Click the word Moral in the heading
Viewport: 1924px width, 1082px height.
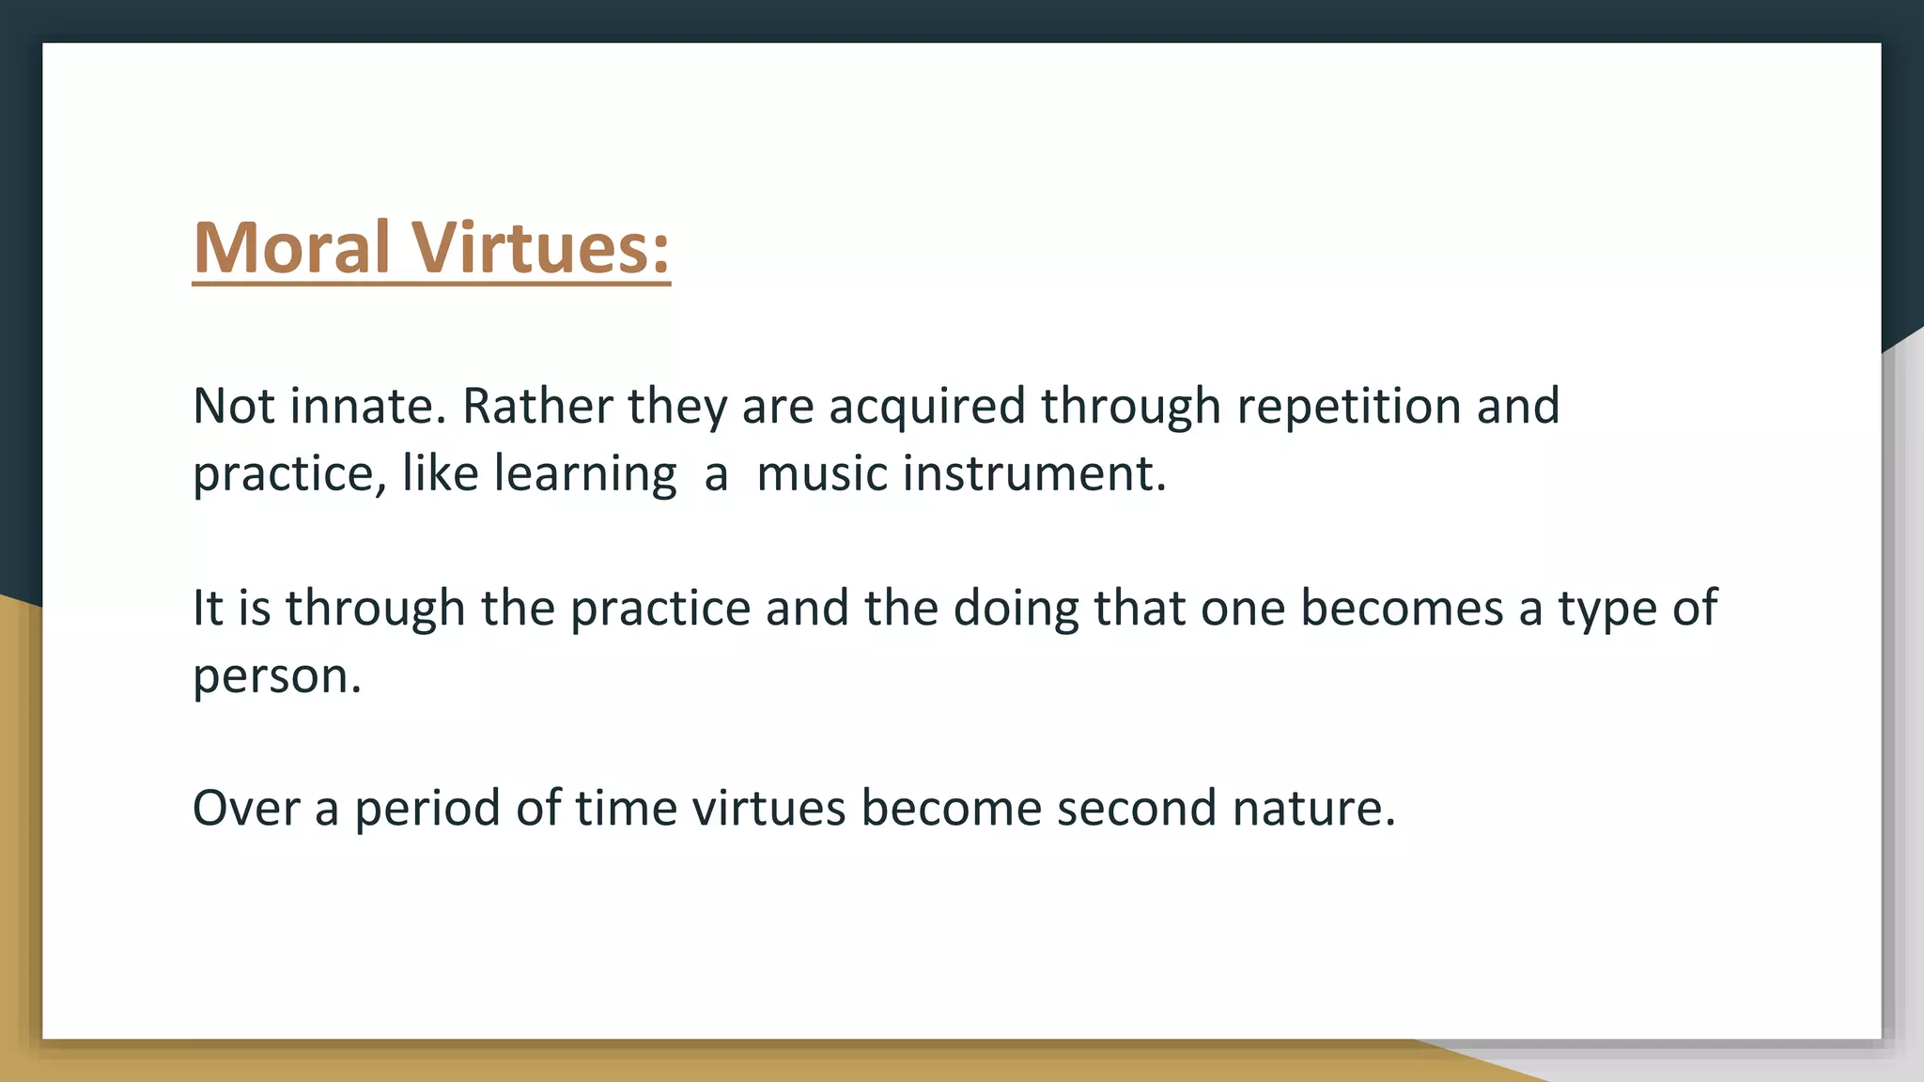291,248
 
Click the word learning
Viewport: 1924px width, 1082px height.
584,474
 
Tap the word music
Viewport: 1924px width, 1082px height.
821,473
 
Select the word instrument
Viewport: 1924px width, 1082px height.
1033,473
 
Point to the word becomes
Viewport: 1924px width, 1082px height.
1402,609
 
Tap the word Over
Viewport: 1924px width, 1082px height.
245,809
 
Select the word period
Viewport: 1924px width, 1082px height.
427,809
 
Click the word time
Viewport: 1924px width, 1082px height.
626,809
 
